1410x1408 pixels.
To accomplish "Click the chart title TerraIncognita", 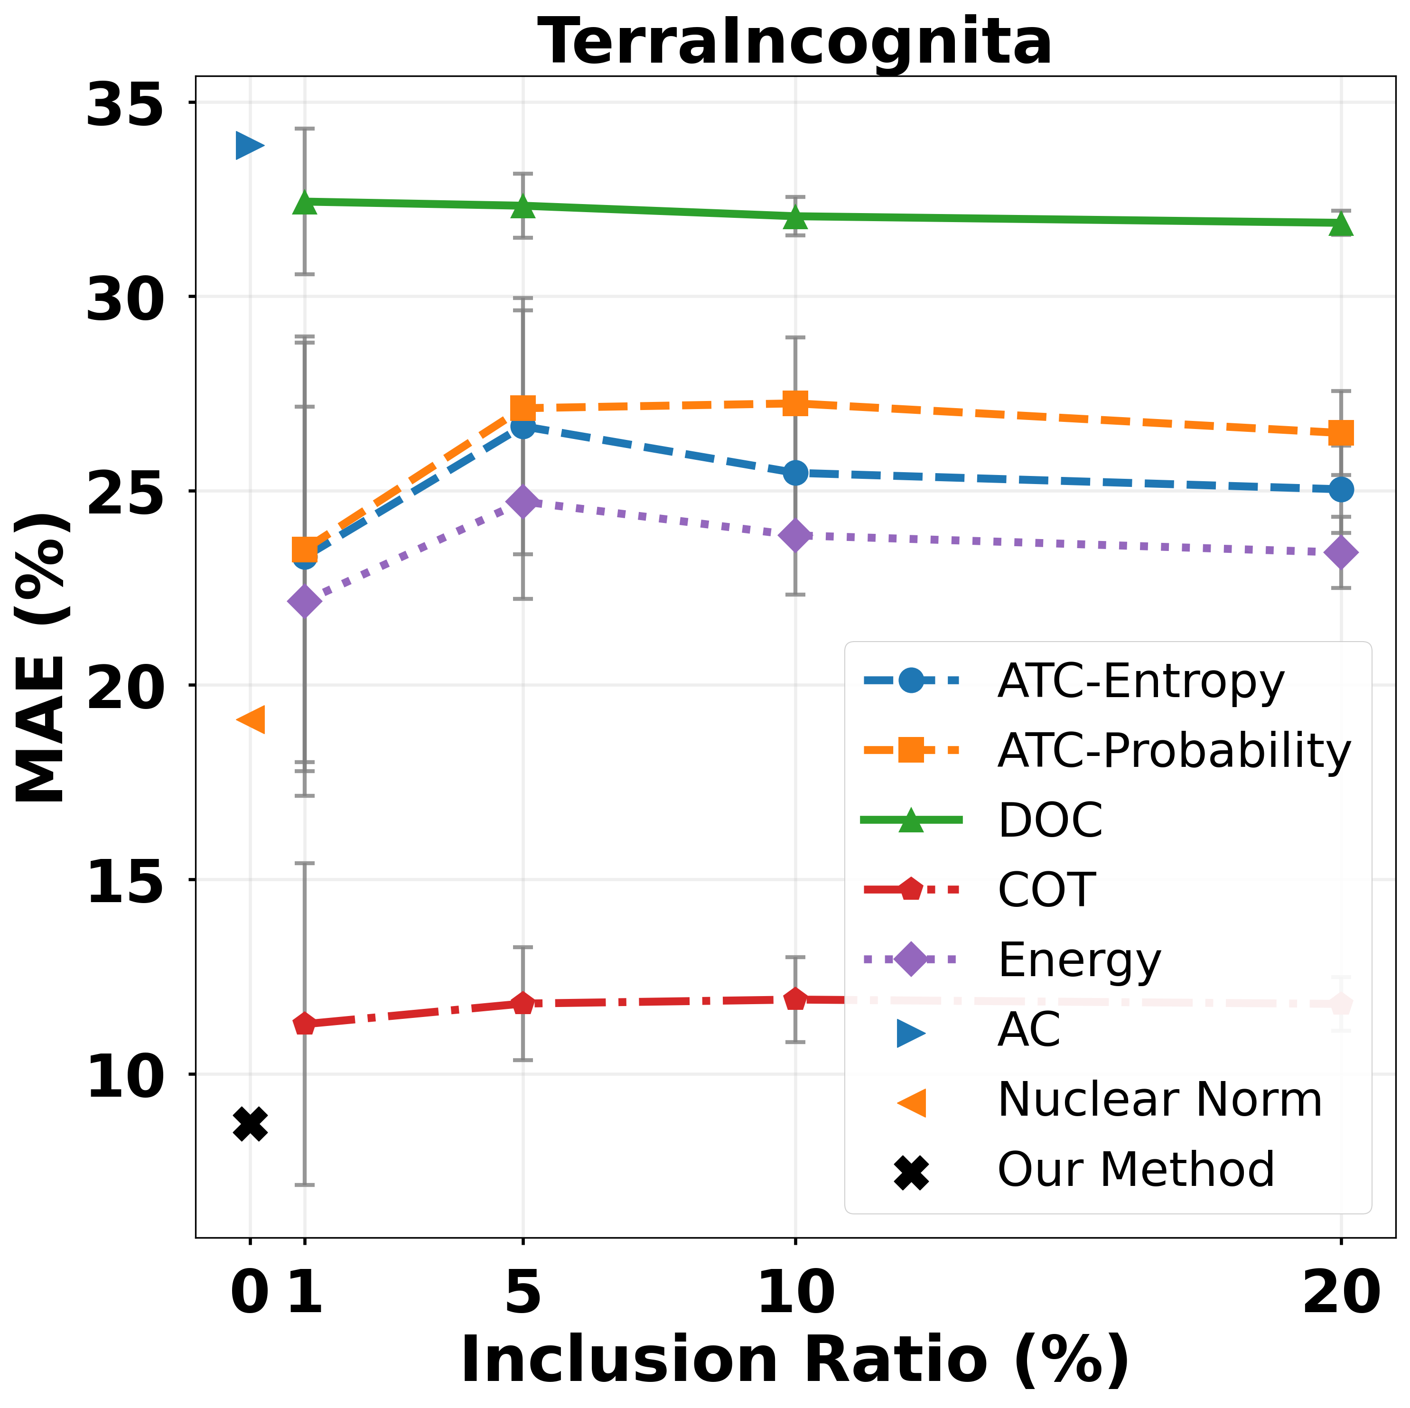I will pos(795,42).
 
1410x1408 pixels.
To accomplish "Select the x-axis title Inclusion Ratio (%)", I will pos(795,1359).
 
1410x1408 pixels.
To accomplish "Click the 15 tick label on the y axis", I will pos(123,880).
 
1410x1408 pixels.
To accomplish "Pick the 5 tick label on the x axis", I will pos(523,1291).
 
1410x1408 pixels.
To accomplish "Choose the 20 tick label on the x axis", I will pos(1341,1291).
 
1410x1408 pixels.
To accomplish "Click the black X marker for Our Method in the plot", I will pos(250,1124).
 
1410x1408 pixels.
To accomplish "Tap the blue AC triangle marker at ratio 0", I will pos(249,145).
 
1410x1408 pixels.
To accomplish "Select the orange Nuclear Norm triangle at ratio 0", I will pos(252,720).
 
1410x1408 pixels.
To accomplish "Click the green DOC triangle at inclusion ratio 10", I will pos(795,217).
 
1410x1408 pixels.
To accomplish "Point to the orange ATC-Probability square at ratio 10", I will pos(795,403).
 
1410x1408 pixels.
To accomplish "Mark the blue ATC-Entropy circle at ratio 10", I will pos(795,473).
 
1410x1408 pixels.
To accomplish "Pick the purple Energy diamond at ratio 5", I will pos(523,502).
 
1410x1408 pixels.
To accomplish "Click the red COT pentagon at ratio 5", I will pos(523,1004).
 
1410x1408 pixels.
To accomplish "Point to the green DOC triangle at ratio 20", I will pos(1341,225).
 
